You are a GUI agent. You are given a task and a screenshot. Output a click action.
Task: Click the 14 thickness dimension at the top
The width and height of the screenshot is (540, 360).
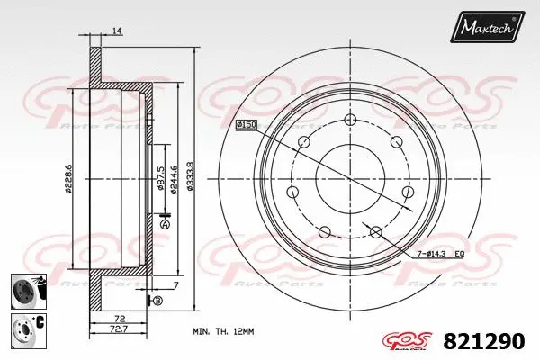tap(117, 31)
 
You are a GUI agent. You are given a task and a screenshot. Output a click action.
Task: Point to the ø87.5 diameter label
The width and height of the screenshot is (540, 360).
tap(159, 176)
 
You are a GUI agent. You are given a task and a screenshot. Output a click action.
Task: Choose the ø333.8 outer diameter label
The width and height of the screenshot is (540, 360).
tap(188, 175)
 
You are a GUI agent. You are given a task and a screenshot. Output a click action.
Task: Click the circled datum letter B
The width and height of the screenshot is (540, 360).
tap(157, 300)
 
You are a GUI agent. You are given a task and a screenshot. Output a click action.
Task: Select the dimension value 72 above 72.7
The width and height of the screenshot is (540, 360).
tap(118, 319)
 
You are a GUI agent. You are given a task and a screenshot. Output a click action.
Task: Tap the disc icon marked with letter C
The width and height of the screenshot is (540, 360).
tap(27, 327)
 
